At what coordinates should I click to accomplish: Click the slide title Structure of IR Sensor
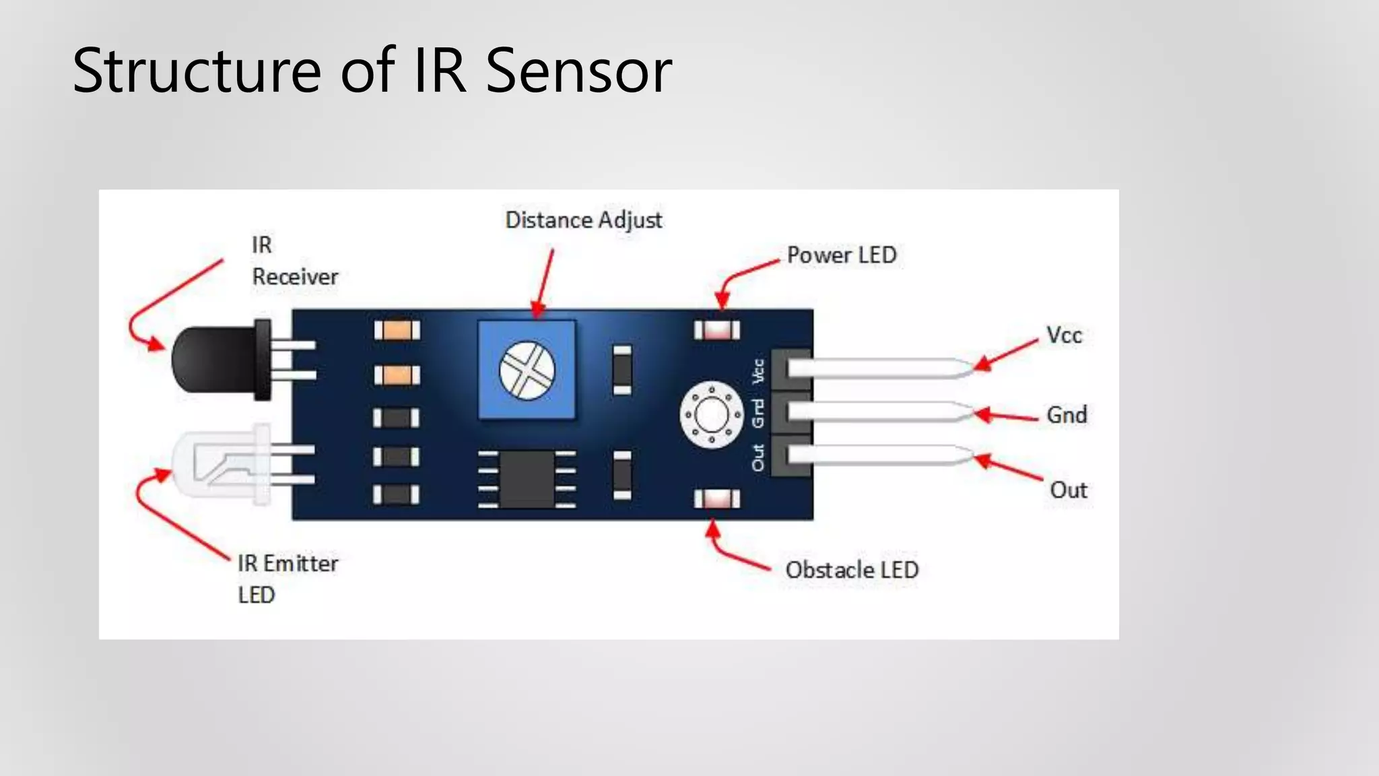click(x=372, y=70)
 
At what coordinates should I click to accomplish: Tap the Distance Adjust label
click(x=583, y=220)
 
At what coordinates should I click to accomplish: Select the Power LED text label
click(x=841, y=255)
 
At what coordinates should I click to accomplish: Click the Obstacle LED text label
click(x=852, y=571)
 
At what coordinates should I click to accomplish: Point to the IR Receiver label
click(x=294, y=261)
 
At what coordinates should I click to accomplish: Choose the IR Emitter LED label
click(x=288, y=579)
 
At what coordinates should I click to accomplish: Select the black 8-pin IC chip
click(x=527, y=479)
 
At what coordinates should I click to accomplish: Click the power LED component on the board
click(x=716, y=330)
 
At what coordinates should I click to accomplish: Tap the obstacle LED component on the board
click(x=716, y=498)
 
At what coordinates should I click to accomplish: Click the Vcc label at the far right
click(x=1064, y=335)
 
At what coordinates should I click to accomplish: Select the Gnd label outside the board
click(x=1067, y=415)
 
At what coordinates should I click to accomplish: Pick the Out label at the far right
click(x=1069, y=490)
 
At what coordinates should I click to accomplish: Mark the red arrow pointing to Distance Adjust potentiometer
click(x=544, y=283)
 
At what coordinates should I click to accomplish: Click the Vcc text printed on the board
click(x=759, y=371)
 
